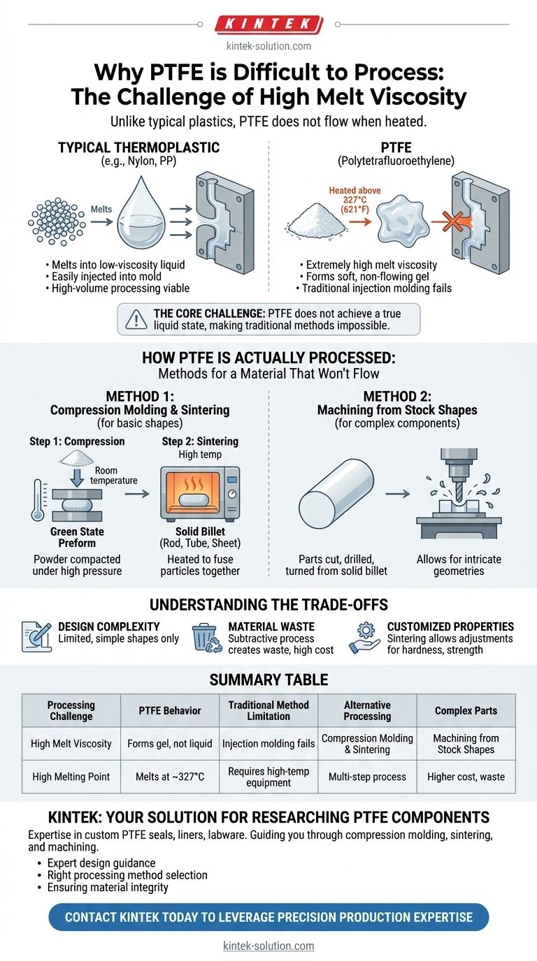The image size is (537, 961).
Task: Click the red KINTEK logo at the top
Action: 268,24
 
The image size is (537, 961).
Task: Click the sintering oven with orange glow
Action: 200,492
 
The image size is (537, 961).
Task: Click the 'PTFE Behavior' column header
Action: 169,710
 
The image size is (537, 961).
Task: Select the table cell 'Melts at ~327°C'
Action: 169,777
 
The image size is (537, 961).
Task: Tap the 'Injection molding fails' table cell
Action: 268,743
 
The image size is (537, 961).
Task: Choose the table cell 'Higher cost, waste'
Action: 466,777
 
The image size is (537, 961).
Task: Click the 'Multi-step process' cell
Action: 367,777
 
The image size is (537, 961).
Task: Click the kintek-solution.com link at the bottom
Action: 268,946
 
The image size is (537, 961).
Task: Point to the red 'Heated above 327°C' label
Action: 355,200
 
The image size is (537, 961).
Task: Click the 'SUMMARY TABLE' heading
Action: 268,678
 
